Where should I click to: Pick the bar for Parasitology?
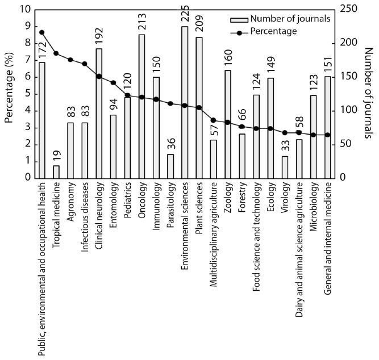[x=170, y=166]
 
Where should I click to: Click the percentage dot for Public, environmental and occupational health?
[x=41, y=32]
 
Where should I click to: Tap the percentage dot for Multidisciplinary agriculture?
[x=213, y=120]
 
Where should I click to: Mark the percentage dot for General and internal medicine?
[x=328, y=135]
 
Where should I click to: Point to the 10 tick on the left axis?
[x=24, y=10]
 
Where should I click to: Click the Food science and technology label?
[x=256, y=232]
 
